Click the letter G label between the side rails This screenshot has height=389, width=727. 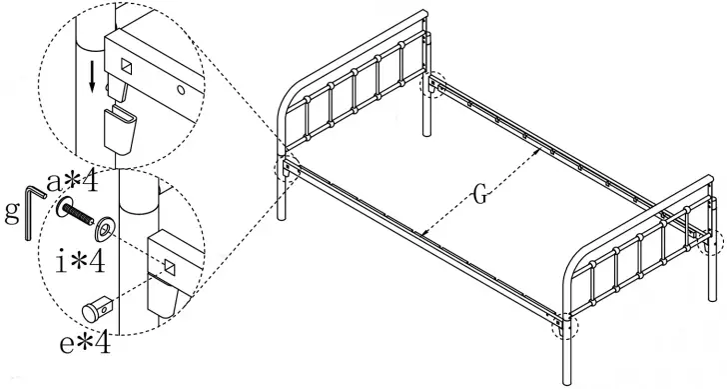[x=480, y=195]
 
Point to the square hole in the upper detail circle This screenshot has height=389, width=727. [x=128, y=67]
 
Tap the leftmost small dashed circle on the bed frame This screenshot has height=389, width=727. [x=290, y=168]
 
